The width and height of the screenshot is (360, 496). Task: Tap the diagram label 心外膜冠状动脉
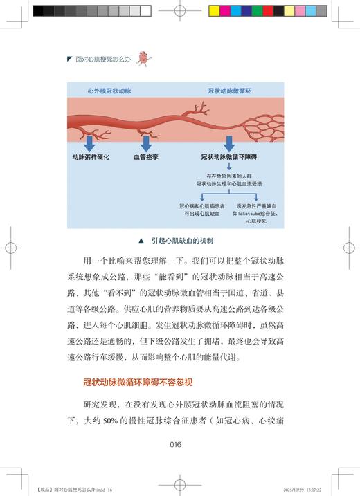pyautogui.click(x=109, y=91)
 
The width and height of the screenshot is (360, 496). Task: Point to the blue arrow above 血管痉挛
pyautogui.click(x=146, y=142)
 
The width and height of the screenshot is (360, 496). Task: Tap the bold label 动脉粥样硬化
pyautogui.click(x=91, y=158)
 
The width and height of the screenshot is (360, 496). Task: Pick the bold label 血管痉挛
pyautogui.click(x=146, y=158)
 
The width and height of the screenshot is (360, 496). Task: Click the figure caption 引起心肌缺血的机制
pyautogui.click(x=185, y=241)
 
